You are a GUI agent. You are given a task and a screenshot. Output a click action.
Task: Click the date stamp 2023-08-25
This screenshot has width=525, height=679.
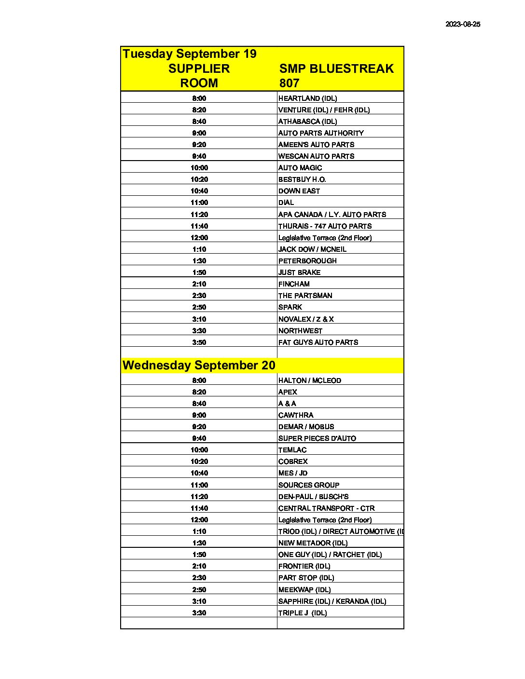pyautogui.click(x=463, y=24)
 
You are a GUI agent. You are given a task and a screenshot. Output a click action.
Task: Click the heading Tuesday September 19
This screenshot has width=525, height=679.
pyautogui.click(x=190, y=54)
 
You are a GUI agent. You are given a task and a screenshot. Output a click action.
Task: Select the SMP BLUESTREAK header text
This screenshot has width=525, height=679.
pyautogui.click(x=336, y=68)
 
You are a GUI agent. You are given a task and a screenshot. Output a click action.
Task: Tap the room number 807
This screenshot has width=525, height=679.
pyautogui.click(x=289, y=83)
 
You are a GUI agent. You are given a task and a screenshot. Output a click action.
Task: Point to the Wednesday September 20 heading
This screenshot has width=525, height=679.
pyautogui.click(x=199, y=365)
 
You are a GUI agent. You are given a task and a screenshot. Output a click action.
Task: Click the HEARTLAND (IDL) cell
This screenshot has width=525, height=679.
pyautogui.click(x=307, y=98)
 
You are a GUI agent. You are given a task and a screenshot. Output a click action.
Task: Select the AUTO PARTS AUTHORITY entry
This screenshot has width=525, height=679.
pyautogui.click(x=321, y=133)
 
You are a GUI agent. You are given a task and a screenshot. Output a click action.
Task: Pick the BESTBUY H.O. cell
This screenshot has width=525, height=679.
pyautogui.click(x=302, y=179)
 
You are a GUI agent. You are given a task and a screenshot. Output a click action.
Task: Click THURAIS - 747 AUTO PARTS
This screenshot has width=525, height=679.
pyautogui.click(x=325, y=226)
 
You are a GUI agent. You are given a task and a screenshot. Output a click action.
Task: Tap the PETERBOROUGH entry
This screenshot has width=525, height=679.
pyautogui.click(x=307, y=261)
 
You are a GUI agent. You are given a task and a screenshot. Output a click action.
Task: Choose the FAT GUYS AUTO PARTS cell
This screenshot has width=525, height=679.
pyautogui.click(x=318, y=342)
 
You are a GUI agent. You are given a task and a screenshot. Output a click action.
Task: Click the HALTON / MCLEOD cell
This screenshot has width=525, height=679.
pyautogui.click(x=309, y=380)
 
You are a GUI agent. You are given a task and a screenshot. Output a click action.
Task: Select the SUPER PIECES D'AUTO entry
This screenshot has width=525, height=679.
pyautogui.click(x=317, y=438)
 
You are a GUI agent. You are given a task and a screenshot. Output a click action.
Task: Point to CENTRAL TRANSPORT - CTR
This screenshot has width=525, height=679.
pyautogui.click(x=326, y=508)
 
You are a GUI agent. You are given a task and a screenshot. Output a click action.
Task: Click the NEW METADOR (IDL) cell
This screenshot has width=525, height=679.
pyautogui.click(x=313, y=543)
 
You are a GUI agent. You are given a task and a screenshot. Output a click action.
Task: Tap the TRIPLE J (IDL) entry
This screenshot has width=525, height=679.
pyautogui.click(x=303, y=613)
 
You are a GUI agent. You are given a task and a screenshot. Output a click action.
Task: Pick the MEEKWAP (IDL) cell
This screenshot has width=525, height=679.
pyautogui.click(x=304, y=590)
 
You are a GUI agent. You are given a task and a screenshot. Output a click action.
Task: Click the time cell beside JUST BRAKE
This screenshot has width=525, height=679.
pyautogui.click(x=199, y=272)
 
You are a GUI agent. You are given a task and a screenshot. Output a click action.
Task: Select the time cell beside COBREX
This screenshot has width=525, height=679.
pyautogui.click(x=199, y=462)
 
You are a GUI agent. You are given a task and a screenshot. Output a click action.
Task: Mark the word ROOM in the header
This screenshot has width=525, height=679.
pyautogui.click(x=199, y=83)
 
